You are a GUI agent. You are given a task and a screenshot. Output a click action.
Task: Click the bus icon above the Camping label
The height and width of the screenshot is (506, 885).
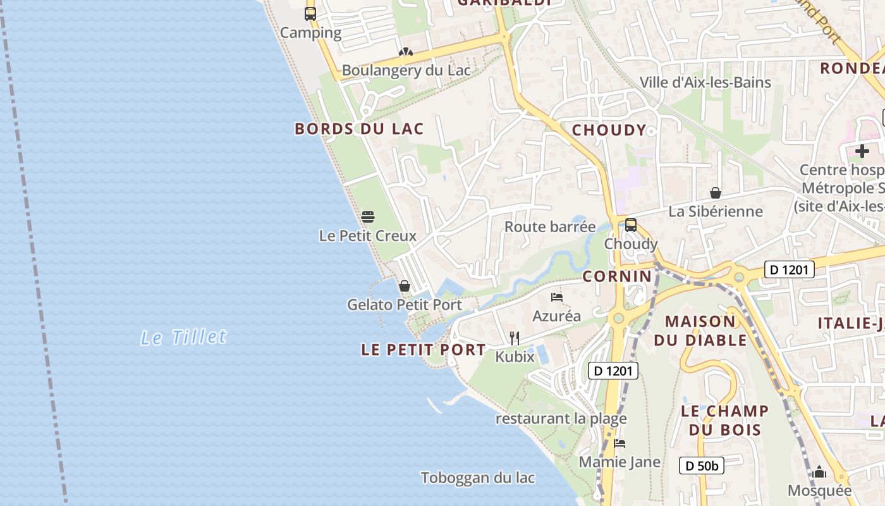310,13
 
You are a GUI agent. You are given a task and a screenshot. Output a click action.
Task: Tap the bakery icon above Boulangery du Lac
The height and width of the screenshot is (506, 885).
405,52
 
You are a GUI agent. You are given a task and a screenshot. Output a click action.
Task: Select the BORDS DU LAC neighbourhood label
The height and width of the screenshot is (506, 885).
359,129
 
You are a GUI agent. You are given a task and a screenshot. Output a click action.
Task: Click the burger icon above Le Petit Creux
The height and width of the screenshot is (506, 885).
368,217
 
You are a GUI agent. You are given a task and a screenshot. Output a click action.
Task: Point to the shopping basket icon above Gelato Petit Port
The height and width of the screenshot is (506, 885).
405,286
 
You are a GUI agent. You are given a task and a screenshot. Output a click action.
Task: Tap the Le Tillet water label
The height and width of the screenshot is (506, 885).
183,336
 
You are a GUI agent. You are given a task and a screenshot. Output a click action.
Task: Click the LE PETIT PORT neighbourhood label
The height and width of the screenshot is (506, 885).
424,350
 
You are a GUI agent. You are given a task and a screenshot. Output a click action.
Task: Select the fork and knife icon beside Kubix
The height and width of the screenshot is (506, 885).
515,338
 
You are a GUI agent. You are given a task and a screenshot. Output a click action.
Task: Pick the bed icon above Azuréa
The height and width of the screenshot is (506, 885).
556,297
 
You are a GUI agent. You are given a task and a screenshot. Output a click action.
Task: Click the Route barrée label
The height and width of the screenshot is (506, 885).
550,226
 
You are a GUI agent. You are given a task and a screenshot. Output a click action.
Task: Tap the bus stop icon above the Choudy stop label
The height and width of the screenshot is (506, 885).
630,225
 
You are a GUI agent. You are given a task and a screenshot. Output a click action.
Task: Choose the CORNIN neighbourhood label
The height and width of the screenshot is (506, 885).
617,276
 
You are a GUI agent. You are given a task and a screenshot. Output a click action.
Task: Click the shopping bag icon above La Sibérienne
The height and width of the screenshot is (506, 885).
716,193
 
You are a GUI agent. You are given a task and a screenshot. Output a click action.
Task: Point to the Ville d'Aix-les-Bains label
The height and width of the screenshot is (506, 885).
705,82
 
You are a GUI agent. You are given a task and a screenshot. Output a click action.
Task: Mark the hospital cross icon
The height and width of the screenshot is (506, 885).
862,151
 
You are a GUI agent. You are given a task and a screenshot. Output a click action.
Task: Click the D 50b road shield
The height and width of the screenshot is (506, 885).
702,466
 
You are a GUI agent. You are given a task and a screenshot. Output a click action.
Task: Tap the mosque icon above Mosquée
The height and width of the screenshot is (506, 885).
819,472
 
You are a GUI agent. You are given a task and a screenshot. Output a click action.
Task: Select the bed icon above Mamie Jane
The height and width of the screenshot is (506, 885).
619,443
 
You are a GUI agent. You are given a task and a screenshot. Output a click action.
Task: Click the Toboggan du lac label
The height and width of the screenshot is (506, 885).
478,478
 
